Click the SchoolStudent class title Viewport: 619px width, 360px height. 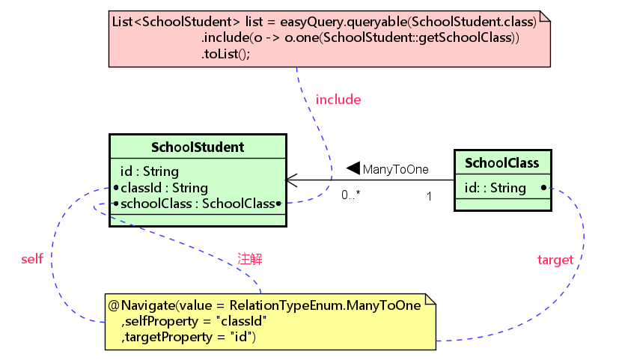click(198, 147)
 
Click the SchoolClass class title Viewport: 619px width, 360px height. click(501, 163)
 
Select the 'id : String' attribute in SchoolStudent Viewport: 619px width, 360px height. click(150, 171)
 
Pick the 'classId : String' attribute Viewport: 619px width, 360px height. click(164, 188)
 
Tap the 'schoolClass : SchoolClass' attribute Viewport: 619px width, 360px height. click(198, 204)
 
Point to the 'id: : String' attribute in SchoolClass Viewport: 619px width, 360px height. click(495, 188)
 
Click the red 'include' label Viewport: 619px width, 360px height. click(338, 100)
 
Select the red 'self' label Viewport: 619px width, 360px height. click(32, 259)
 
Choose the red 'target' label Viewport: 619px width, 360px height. click(555, 260)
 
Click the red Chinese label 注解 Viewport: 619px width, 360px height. click(250, 259)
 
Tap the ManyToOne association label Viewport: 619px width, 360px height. click(395, 169)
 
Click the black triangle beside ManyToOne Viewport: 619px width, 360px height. click(353, 168)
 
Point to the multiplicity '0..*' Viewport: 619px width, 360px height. click(351, 195)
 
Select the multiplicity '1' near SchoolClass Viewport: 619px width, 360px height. click(429, 196)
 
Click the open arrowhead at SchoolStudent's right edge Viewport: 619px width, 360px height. click(291, 180)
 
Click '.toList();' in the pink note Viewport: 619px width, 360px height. click(225, 54)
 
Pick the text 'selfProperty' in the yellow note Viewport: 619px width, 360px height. click(161, 321)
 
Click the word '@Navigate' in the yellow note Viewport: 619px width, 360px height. click(141, 305)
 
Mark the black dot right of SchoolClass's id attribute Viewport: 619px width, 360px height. click(543, 188)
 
